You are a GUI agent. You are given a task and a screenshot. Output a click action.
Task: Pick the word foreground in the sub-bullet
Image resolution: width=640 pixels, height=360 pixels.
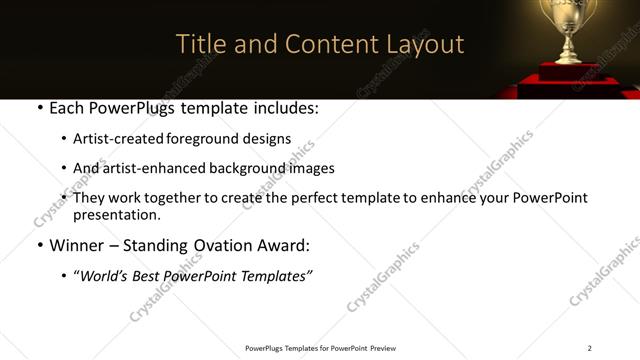click(x=202, y=139)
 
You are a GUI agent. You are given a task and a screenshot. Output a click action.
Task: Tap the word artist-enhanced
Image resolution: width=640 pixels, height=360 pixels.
click(x=156, y=168)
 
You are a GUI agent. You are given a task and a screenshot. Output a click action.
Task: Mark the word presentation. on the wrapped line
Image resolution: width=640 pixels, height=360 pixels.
click(x=116, y=214)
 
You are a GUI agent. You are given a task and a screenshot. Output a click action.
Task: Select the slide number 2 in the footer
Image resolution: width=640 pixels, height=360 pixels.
click(x=589, y=348)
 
